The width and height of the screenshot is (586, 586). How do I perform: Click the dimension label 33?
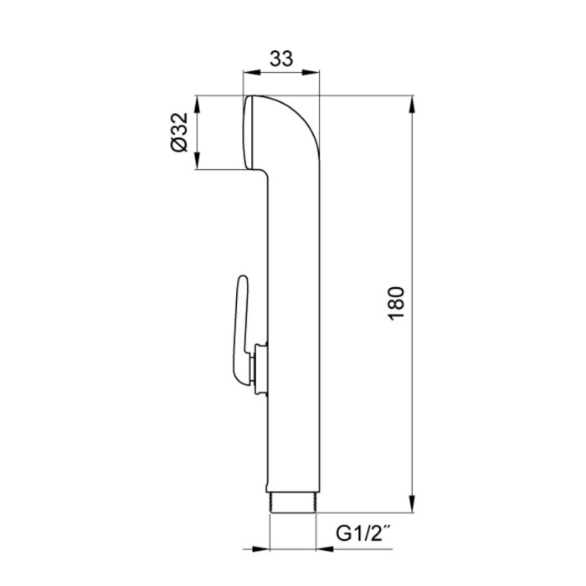281,59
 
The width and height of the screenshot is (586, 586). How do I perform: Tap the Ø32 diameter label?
179,132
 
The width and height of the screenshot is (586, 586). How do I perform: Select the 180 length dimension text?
397,303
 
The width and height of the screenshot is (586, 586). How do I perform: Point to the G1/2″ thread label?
361,533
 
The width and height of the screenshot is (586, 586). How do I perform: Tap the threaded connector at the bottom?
293,501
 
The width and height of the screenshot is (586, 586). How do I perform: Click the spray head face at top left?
248,132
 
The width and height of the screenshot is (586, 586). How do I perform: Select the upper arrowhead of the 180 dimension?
412,105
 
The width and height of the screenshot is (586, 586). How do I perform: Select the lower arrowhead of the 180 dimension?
412,504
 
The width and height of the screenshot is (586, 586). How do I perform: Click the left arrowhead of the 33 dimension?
251,72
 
